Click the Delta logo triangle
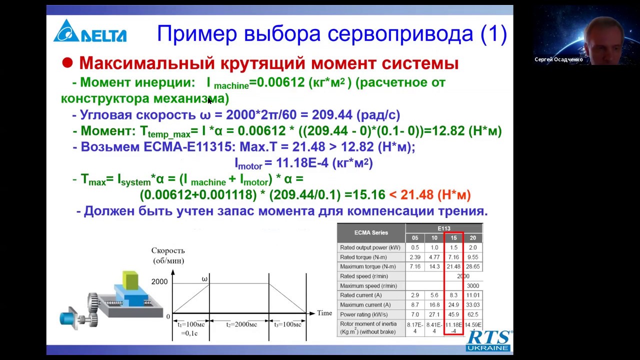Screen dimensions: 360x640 tap(66, 31)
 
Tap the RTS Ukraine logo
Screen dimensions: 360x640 tap(488, 340)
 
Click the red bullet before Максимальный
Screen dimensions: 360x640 tap(67, 63)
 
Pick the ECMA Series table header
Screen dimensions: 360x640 tap(371, 232)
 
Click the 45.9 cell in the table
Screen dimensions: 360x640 tap(453, 314)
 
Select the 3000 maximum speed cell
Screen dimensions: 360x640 tap(472, 285)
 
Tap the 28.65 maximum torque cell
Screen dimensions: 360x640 tap(472, 266)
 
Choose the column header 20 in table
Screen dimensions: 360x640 tap(472, 238)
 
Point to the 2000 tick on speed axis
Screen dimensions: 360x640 tap(159, 282)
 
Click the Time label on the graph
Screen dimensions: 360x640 tap(324, 313)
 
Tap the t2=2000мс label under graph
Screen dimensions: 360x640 tap(241, 324)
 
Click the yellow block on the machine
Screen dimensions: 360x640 tap(130, 280)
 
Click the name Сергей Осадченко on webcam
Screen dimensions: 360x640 tap(558, 59)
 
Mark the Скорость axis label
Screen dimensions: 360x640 tap(168, 250)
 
